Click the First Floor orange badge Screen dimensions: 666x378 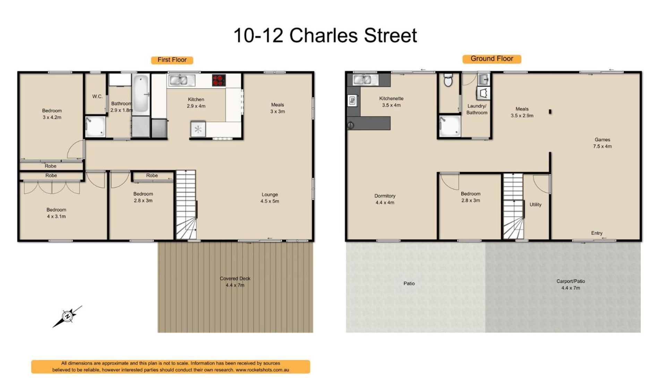pos(172,60)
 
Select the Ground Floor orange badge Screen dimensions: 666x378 pos(492,59)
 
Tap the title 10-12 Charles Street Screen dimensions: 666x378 pos(325,35)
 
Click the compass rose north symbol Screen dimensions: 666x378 pos(67,316)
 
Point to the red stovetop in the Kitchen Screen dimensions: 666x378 pos(219,80)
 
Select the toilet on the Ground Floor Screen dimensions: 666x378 pos(448,79)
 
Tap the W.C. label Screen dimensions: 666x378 pos(97,96)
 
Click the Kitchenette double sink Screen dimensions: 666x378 pos(362,80)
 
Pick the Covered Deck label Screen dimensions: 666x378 pos(235,282)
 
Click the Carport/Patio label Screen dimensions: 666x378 pos(571,285)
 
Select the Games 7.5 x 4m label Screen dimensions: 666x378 pos(602,143)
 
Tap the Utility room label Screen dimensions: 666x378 pos(535,205)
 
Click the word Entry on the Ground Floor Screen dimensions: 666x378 pos(597,233)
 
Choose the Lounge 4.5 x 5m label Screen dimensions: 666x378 pos(270,198)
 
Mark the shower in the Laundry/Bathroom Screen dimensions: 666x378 pos(450,126)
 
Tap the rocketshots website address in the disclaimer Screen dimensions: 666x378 pos(262,370)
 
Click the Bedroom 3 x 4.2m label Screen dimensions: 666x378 pos(52,114)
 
